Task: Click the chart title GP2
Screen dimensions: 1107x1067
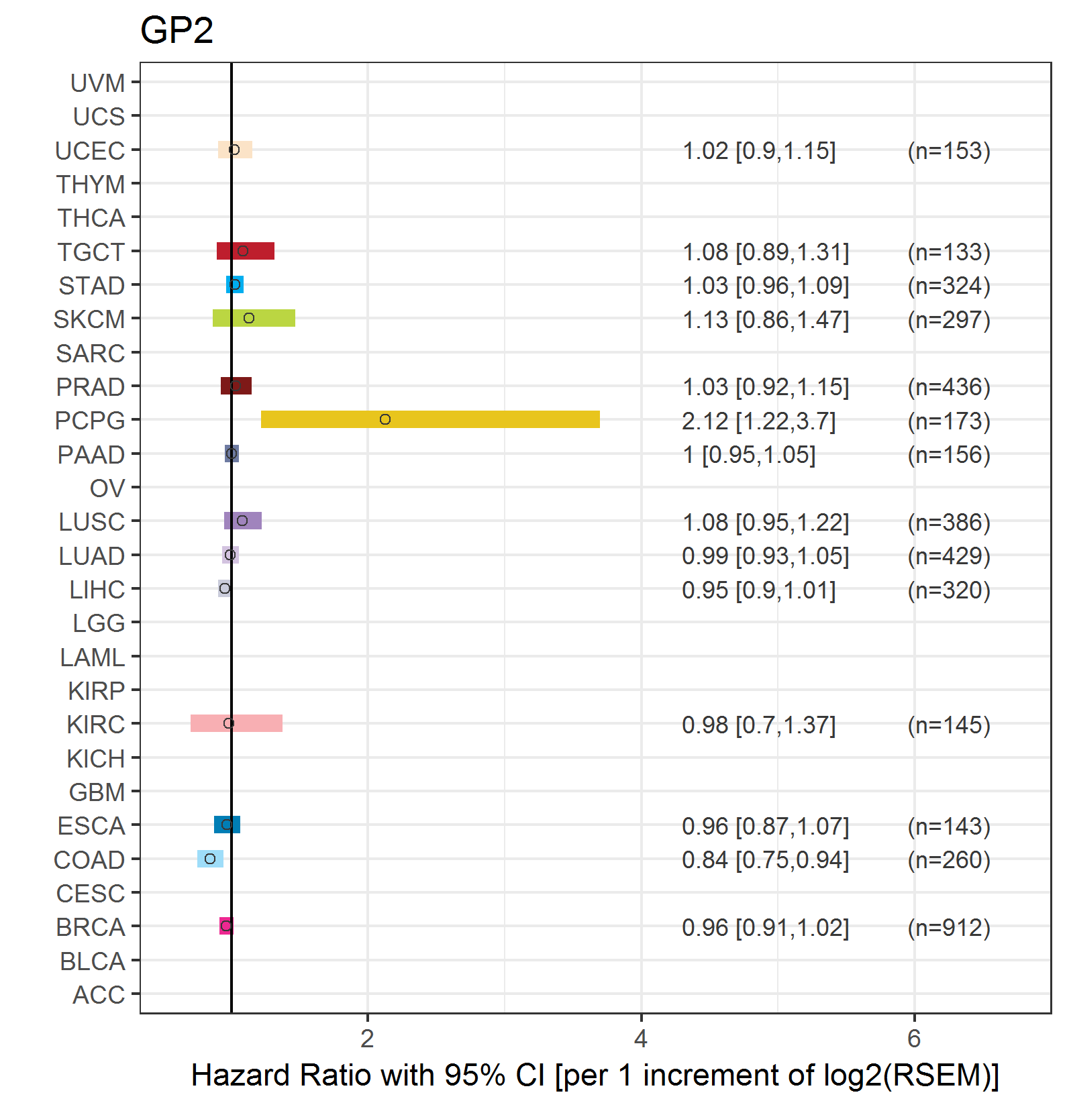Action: (x=176, y=30)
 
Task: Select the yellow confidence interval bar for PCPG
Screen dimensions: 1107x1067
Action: (x=470, y=419)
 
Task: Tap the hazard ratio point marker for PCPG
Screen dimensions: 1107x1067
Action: (x=385, y=419)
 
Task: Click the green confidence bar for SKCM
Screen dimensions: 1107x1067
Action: (x=268, y=318)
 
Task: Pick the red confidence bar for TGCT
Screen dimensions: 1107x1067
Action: (x=258, y=251)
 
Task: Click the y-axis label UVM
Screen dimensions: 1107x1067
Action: (x=97, y=83)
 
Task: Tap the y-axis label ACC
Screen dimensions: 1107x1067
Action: (x=99, y=994)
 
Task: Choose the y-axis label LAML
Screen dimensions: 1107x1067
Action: (x=92, y=657)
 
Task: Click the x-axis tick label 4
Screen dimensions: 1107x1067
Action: (x=641, y=1039)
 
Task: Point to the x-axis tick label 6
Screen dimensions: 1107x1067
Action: (x=914, y=1039)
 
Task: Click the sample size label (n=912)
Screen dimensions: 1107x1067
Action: (x=949, y=927)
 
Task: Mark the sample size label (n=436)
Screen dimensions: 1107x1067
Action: (x=949, y=387)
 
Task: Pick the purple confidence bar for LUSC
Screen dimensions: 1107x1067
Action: (x=252, y=521)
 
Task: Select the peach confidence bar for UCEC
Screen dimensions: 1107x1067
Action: (x=243, y=150)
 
